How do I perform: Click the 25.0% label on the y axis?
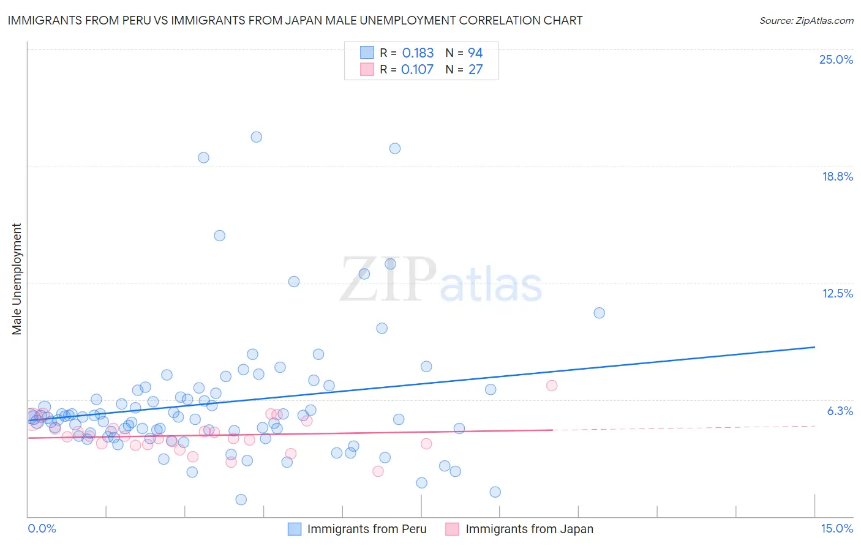836,60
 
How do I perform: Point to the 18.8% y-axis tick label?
837,177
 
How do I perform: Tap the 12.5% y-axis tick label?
837,294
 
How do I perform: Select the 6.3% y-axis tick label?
840,411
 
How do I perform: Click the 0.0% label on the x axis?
42,529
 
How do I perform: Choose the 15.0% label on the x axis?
837,529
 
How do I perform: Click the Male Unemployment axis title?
17,279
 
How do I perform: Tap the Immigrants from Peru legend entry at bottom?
366,529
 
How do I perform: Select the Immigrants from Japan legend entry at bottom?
529,529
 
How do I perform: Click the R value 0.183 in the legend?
418,53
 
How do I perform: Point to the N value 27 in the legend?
476,70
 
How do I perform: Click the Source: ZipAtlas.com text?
806,21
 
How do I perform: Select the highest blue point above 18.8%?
257,137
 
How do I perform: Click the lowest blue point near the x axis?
241,499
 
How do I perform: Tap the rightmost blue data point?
599,313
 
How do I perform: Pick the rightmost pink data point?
552,386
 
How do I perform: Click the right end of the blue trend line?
814,347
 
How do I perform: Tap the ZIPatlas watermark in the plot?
441,280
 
